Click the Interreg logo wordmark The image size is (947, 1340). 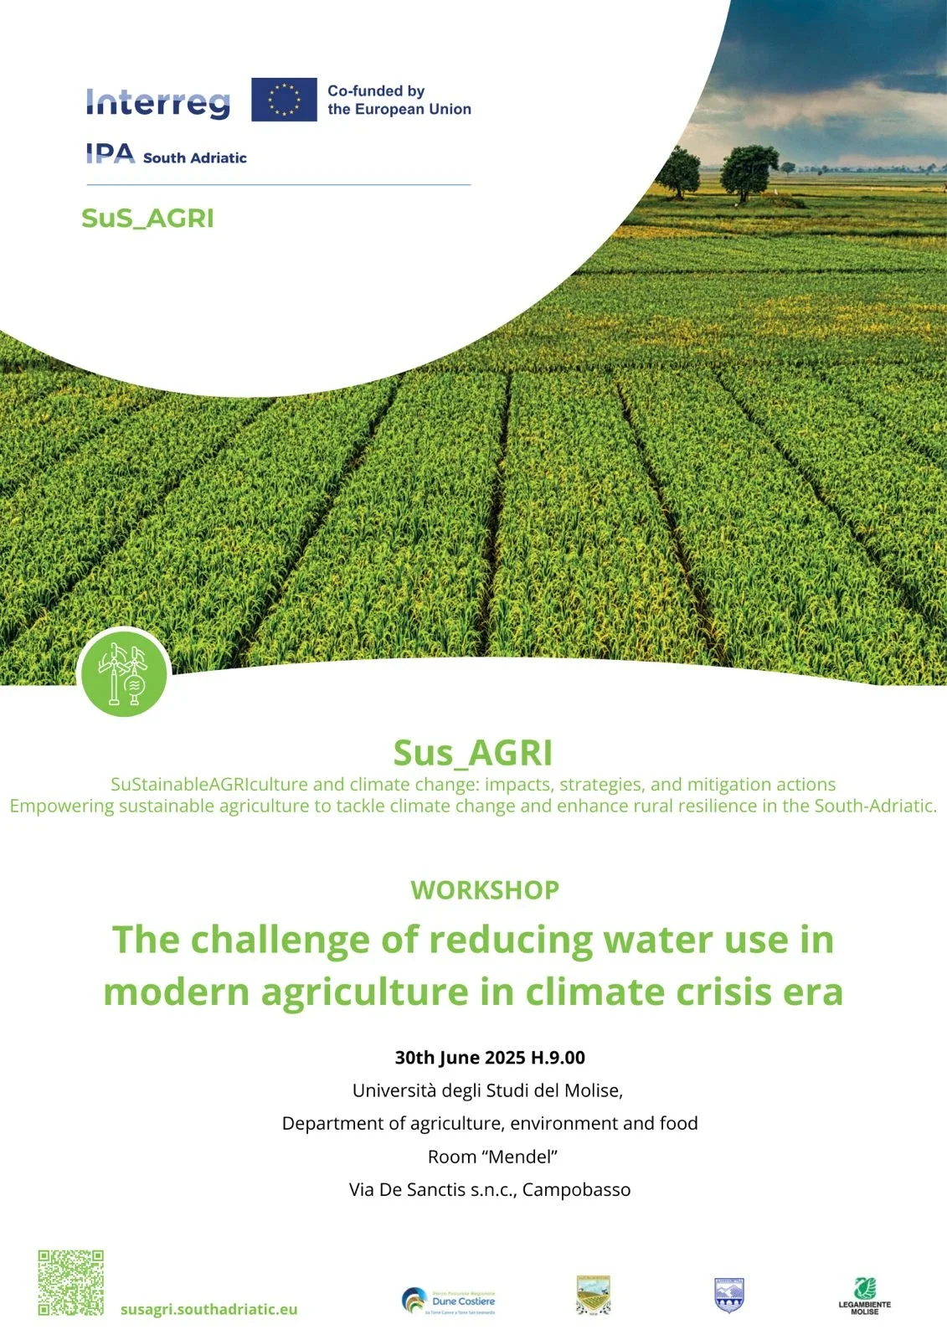coord(157,102)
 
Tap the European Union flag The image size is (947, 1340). coord(284,100)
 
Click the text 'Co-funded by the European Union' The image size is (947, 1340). coord(399,100)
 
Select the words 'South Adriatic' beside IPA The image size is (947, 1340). coord(194,157)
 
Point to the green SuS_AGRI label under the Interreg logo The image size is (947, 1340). coord(147,218)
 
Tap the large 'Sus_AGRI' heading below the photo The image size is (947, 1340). coord(473,752)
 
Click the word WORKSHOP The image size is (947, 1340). coord(485,889)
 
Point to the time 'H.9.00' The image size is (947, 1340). coord(558,1057)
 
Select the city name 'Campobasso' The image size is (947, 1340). coord(576,1189)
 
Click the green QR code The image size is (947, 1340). coord(70,1283)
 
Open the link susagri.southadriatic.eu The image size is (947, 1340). coord(208,1309)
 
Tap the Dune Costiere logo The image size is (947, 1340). coord(450,1301)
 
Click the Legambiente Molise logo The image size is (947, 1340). coord(865,1296)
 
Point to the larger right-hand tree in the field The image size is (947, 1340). coord(749,171)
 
